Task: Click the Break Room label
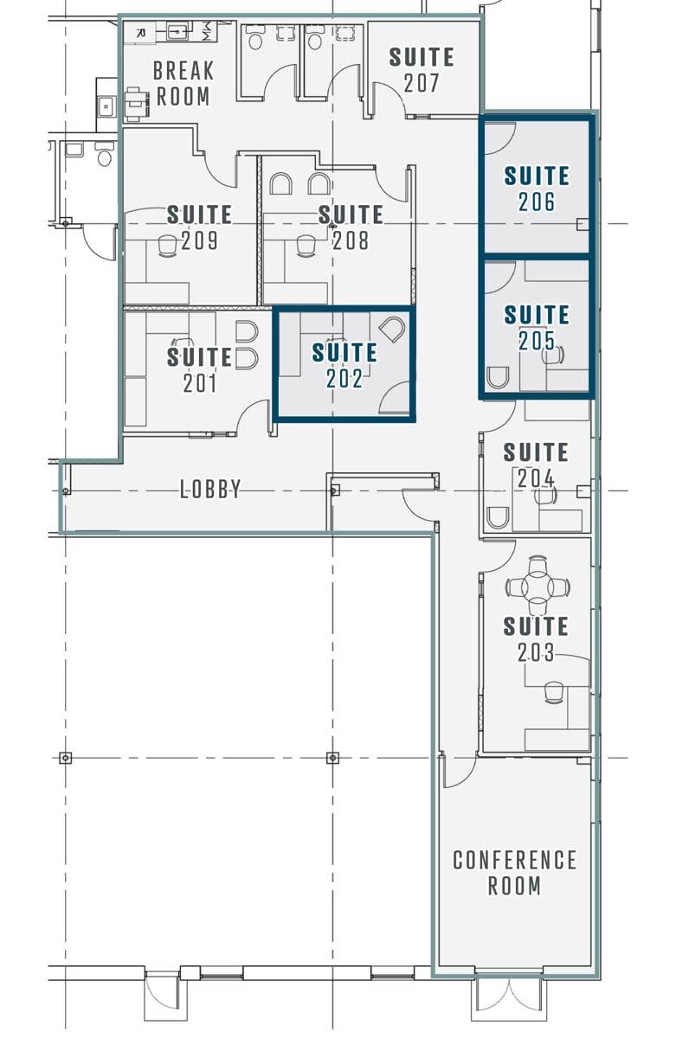[x=182, y=82]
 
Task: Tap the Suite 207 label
[x=422, y=70]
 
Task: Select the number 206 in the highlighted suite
[x=537, y=202]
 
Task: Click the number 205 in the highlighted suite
[x=537, y=341]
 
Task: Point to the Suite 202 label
[x=344, y=365]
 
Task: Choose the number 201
[x=200, y=382]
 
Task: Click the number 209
[x=200, y=240]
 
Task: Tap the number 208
[x=351, y=240]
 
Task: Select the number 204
[x=536, y=478]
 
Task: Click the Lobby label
[x=210, y=490]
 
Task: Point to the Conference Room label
[x=515, y=873]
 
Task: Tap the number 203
[x=536, y=653]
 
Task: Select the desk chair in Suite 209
[x=167, y=246]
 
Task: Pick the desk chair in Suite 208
[x=306, y=246]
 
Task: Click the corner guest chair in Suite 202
[x=391, y=329]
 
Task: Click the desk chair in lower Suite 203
[x=554, y=692]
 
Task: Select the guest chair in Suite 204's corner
[x=498, y=518]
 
